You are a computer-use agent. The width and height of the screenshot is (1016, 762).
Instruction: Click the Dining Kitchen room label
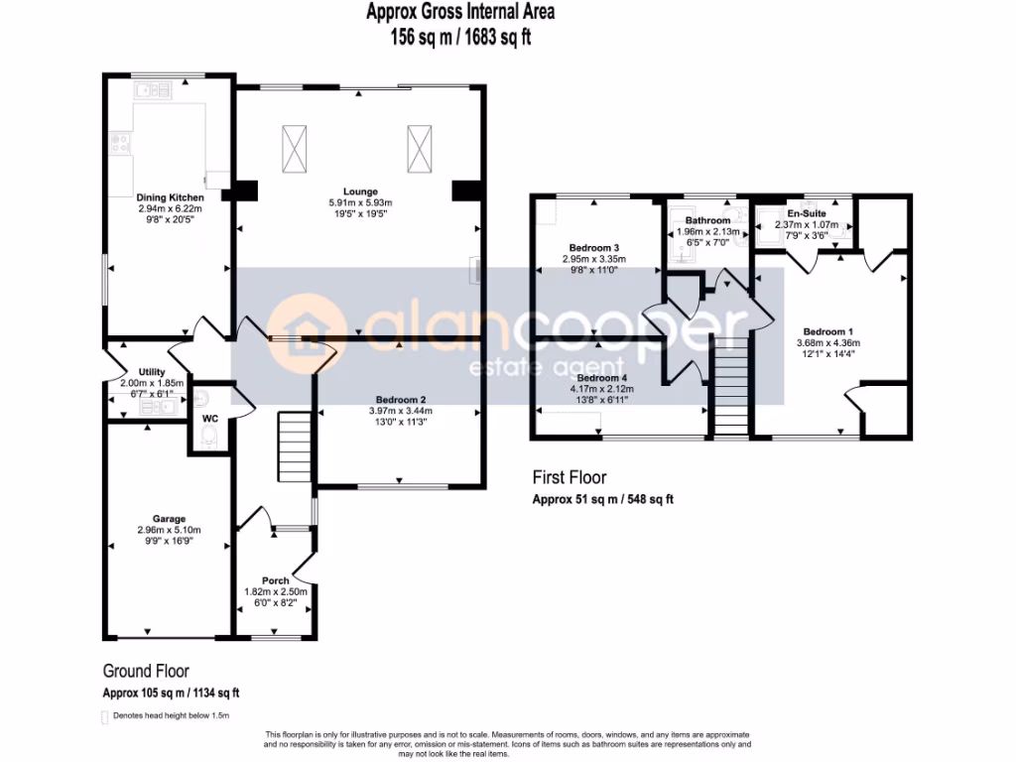coord(171,198)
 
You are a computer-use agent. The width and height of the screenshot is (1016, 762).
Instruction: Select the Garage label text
coord(169,518)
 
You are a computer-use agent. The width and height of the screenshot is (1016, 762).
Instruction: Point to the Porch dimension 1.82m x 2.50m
coord(276,591)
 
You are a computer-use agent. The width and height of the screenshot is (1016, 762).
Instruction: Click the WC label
coord(209,419)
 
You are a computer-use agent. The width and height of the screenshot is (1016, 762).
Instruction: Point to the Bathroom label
coord(707,220)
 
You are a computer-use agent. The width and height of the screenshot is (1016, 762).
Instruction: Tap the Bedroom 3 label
coord(594,248)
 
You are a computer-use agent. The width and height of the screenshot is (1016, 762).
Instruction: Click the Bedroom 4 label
coord(602,378)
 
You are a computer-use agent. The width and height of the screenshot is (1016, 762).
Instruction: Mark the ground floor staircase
coord(296,446)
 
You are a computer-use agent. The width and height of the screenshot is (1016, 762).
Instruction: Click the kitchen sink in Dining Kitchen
coord(155,91)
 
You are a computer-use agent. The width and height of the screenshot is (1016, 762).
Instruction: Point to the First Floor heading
coord(569,477)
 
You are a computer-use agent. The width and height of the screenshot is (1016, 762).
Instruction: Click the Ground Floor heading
coord(146,671)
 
